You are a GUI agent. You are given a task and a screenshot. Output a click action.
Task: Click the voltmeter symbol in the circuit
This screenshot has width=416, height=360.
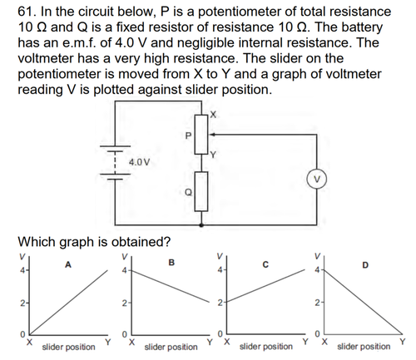(x=317, y=180)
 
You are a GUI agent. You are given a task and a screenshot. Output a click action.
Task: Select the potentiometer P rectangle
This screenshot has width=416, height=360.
(x=201, y=135)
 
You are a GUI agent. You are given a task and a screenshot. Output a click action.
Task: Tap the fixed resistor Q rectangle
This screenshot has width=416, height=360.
(x=201, y=191)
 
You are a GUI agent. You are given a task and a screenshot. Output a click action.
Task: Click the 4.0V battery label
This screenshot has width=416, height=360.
(x=139, y=162)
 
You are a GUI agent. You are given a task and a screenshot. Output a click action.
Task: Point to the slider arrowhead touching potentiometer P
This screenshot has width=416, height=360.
(x=211, y=135)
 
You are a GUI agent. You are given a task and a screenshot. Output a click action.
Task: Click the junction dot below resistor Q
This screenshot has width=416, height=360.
(x=201, y=225)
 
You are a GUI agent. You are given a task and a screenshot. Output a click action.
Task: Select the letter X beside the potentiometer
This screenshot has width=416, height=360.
(x=213, y=114)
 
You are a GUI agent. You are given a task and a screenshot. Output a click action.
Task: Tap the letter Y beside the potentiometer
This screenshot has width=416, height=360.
(x=213, y=155)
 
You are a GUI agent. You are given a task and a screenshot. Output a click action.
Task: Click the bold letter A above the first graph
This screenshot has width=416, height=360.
(x=68, y=265)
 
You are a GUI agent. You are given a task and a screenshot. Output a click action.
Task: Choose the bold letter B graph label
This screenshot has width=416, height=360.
(x=171, y=262)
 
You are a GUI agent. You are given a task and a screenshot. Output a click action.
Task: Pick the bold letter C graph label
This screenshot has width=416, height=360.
(x=265, y=265)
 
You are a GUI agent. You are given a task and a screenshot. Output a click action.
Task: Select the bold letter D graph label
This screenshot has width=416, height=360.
(x=365, y=265)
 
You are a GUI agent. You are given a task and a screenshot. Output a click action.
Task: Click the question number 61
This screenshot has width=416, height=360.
(x=27, y=12)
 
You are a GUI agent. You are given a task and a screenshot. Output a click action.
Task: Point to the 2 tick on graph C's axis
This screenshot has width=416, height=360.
(x=220, y=303)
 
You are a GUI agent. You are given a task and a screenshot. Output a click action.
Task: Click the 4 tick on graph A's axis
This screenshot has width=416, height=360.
(x=22, y=270)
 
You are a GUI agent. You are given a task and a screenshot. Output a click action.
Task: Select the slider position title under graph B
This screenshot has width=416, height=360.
(x=171, y=347)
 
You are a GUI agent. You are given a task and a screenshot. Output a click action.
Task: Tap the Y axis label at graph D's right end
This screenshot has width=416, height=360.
(x=403, y=341)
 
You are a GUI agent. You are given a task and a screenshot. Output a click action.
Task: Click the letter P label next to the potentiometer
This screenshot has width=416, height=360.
(x=188, y=136)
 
